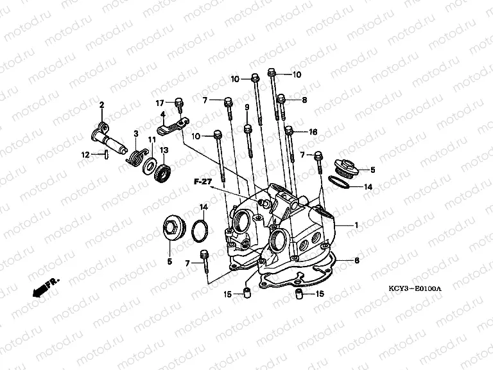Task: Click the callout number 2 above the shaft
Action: (101, 105)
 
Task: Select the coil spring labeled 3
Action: (135, 155)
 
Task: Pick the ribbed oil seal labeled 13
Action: (162, 172)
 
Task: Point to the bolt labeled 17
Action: (179, 105)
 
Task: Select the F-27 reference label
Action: (203, 182)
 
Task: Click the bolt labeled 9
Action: (248, 141)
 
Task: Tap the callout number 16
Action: (313, 132)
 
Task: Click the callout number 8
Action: (304, 100)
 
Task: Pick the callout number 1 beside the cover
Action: (356, 225)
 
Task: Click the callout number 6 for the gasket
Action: (357, 261)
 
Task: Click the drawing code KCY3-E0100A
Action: (415, 288)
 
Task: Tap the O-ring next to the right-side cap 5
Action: (339, 182)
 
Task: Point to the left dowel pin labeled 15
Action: (247, 292)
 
